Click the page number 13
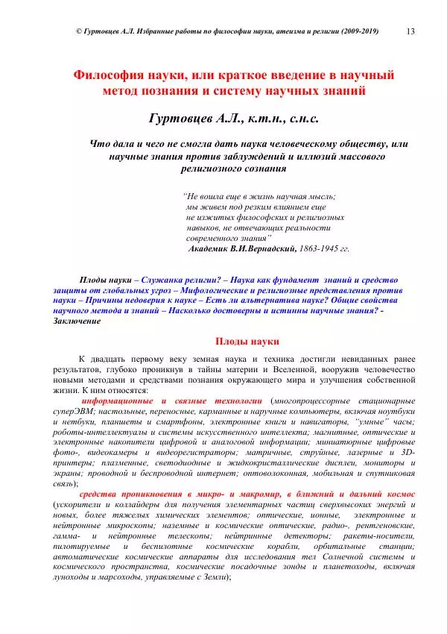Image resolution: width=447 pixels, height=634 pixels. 410,31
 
